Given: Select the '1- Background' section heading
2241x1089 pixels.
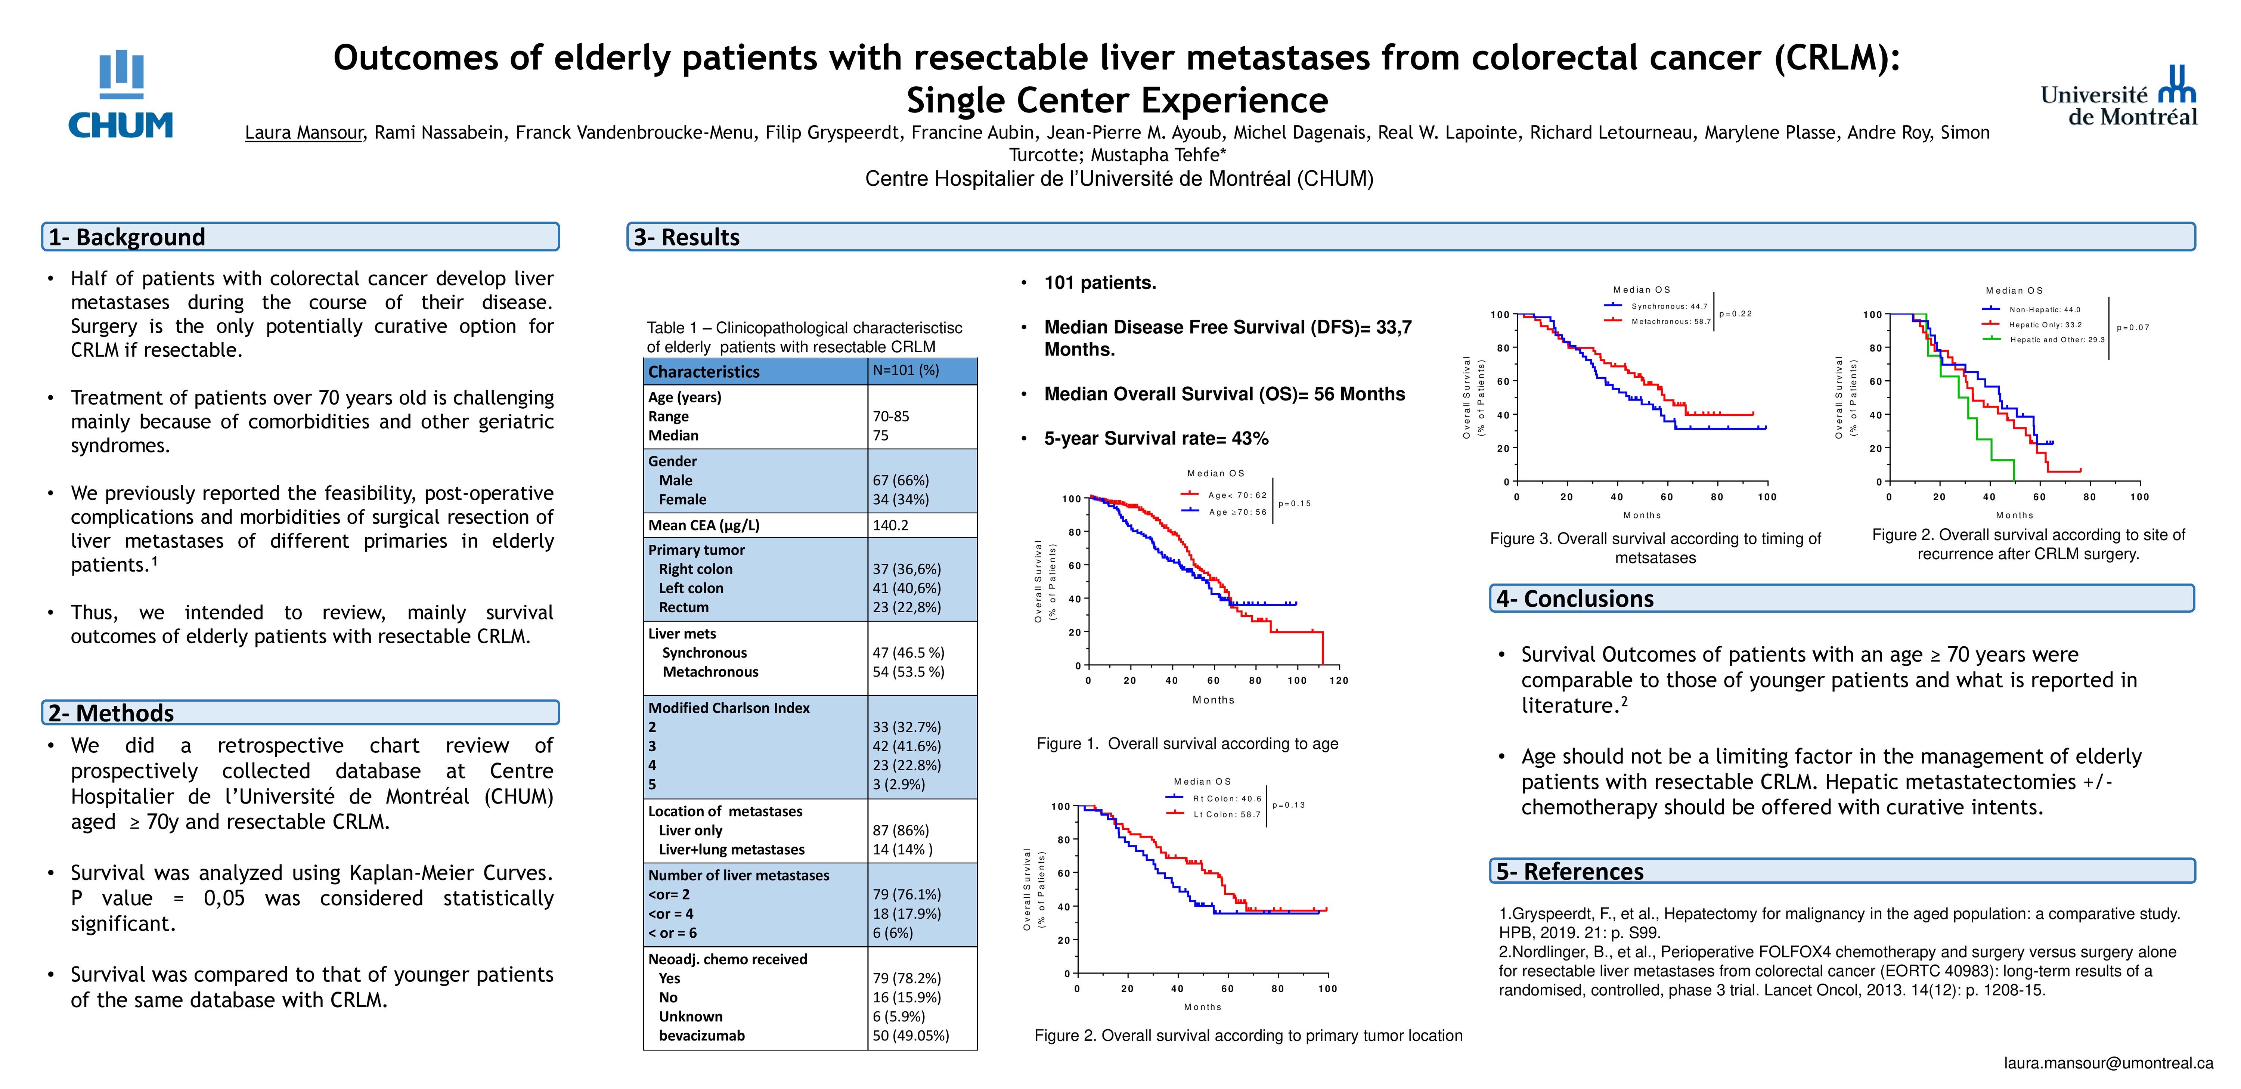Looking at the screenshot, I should coord(127,238).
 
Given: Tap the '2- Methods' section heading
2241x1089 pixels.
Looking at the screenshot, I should coord(111,713).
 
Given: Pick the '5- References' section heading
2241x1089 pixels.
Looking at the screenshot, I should coord(1569,872).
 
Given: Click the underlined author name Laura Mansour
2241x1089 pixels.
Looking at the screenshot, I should coord(304,133).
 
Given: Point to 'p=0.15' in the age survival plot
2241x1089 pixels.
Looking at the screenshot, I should coord(1295,504).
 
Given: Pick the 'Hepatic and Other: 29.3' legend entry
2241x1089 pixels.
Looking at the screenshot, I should coord(2056,340).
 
